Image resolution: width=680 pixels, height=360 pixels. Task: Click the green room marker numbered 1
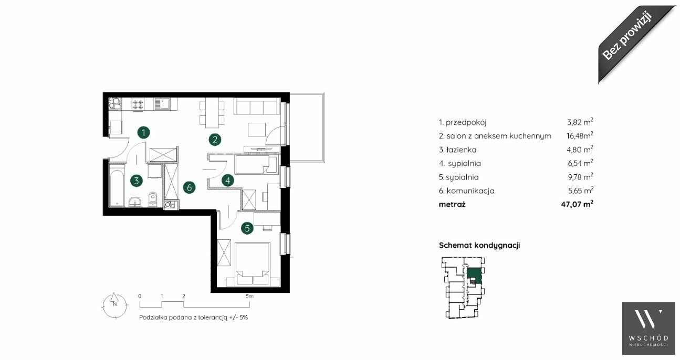click(x=143, y=133)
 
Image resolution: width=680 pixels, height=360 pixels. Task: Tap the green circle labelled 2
click(x=215, y=140)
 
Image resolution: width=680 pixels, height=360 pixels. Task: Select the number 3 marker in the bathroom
click(x=137, y=181)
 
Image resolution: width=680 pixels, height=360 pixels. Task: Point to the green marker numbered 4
click(x=228, y=181)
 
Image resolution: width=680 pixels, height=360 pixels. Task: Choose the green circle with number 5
click(x=247, y=228)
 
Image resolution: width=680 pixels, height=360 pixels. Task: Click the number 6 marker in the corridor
click(x=190, y=187)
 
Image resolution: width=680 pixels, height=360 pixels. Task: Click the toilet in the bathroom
click(x=153, y=199)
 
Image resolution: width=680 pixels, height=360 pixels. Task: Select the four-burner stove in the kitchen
click(x=138, y=104)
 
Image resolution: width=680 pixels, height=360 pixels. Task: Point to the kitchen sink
click(x=162, y=104)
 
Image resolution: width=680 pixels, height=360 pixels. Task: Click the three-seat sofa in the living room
click(x=257, y=106)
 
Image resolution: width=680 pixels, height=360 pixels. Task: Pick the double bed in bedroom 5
click(x=253, y=264)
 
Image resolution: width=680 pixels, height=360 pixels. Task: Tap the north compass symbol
click(x=114, y=305)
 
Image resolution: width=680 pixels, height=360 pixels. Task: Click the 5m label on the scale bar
click(x=249, y=297)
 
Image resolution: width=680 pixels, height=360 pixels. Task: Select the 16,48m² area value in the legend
click(x=580, y=135)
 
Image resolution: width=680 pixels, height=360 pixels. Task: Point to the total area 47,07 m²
click(x=577, y=204)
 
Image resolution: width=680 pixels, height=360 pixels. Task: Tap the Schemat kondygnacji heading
click(x=479, y=245)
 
